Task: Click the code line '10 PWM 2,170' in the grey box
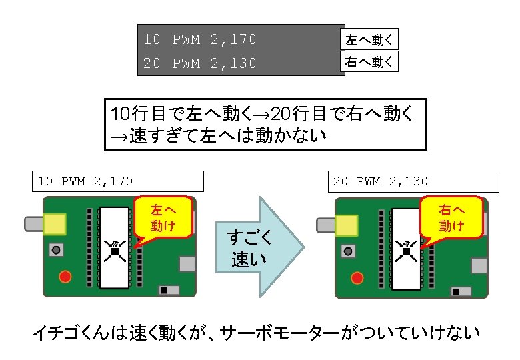click(x=200, y=39)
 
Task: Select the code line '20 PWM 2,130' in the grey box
click(x=200, y=64)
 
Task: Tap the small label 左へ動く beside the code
click(x=369, y=39)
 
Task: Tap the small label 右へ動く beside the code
click(x=369, y=63)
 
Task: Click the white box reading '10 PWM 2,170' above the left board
click(x=117, y=181)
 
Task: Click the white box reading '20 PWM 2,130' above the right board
click(x=413, y=181)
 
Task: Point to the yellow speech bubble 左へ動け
click(x=163, y=217)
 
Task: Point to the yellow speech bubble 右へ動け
click(x=451, y=217)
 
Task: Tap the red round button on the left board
click(x=65, y=277)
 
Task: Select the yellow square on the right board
click(x=345, y=226)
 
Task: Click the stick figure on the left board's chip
click(x=115, y=250)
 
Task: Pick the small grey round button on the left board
click(x=57, y=251)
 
